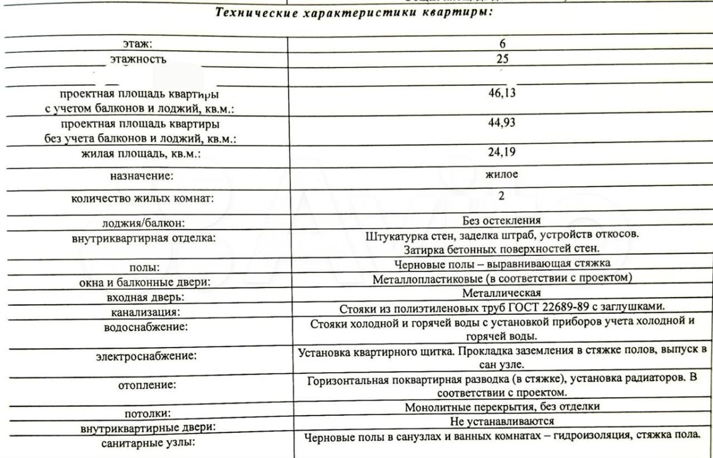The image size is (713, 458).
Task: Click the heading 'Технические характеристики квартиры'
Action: [356, 13]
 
